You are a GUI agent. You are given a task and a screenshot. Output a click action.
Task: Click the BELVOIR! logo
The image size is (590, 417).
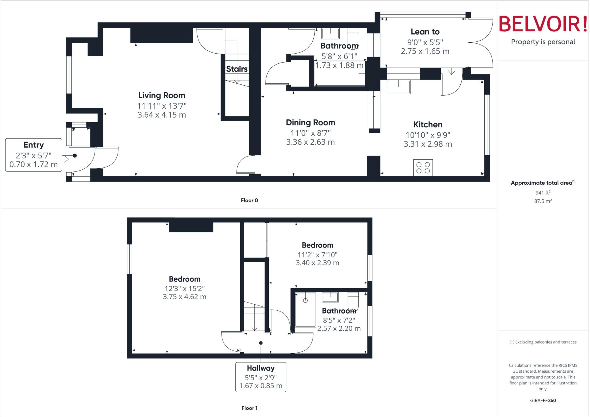click(x=543, y=24)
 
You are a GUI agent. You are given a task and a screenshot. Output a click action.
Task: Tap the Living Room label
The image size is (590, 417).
click(x=162, y=95)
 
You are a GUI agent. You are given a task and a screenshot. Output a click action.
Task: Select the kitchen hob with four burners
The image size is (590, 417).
click(x=423, y=168)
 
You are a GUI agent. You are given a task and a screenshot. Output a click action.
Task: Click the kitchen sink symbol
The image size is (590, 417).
click(x=398, y=87)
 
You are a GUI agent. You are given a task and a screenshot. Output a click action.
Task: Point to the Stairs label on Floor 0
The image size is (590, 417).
click(x=237, y=69)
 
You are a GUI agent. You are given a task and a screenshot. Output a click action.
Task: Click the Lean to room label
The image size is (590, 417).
click(x=425, y=32)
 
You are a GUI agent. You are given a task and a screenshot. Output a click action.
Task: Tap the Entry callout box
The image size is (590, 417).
click(x=34, y=155)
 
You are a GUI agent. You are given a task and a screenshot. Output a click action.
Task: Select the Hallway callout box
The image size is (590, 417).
click(x=261, y=377)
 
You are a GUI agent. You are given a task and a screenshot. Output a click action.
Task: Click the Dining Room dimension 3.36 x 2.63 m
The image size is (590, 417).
click(x=310, y=142)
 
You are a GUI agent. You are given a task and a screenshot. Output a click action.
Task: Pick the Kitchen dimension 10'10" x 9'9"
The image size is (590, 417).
click(x=428, y=135)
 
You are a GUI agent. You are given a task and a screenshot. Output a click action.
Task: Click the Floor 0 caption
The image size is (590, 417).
click(x=249, y=200)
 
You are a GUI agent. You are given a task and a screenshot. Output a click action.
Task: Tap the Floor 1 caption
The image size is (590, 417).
click(x=249, y=408)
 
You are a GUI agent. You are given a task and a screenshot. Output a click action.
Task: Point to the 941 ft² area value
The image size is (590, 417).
click(x=543, y=193)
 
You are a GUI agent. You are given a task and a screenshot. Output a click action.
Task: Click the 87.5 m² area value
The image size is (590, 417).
click(x=543, y=201)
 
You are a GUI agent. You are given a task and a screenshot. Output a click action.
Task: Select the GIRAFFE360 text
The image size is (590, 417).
click(x=543, y=400)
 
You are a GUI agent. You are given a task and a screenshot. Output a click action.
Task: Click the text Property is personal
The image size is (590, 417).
click(x=543, y=42)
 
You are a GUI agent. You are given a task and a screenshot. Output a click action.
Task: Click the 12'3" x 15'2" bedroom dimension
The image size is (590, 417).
click(x=185, y=288)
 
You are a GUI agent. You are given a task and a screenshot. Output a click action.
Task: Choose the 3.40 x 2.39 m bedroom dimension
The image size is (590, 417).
click(x=317, y=263)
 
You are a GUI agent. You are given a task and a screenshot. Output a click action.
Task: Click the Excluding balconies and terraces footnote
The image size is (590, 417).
click(x=543, y=342)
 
